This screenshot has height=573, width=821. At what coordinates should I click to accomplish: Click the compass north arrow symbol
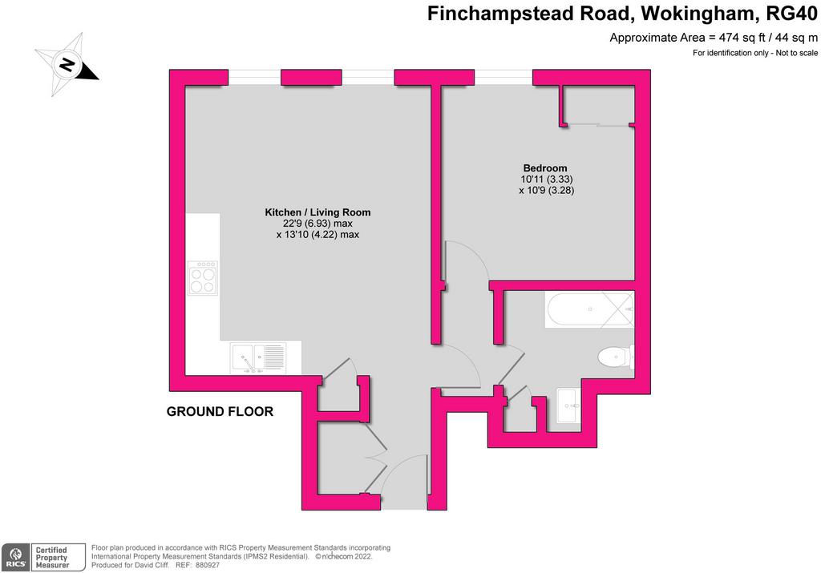point(67,65)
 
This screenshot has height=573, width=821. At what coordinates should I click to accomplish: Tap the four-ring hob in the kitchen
point(203,278)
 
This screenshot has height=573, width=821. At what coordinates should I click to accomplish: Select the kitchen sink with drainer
point(259,358)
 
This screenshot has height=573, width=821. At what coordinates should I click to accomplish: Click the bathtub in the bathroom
point(590,309)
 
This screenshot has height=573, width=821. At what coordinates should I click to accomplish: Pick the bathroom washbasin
point(568,405)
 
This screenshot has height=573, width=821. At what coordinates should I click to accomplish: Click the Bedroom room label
point(545,168)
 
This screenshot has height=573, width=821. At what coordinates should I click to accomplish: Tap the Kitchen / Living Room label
point(317,212)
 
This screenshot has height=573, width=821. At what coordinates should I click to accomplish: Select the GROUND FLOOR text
point(220,412)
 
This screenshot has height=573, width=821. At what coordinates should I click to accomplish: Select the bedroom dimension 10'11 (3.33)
point(547,179)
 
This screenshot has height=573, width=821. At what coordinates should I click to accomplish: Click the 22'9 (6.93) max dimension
point(317,224)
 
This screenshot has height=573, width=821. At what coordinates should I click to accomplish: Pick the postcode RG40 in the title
point(791,13)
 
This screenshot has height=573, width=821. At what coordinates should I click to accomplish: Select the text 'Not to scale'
point(796,53)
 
